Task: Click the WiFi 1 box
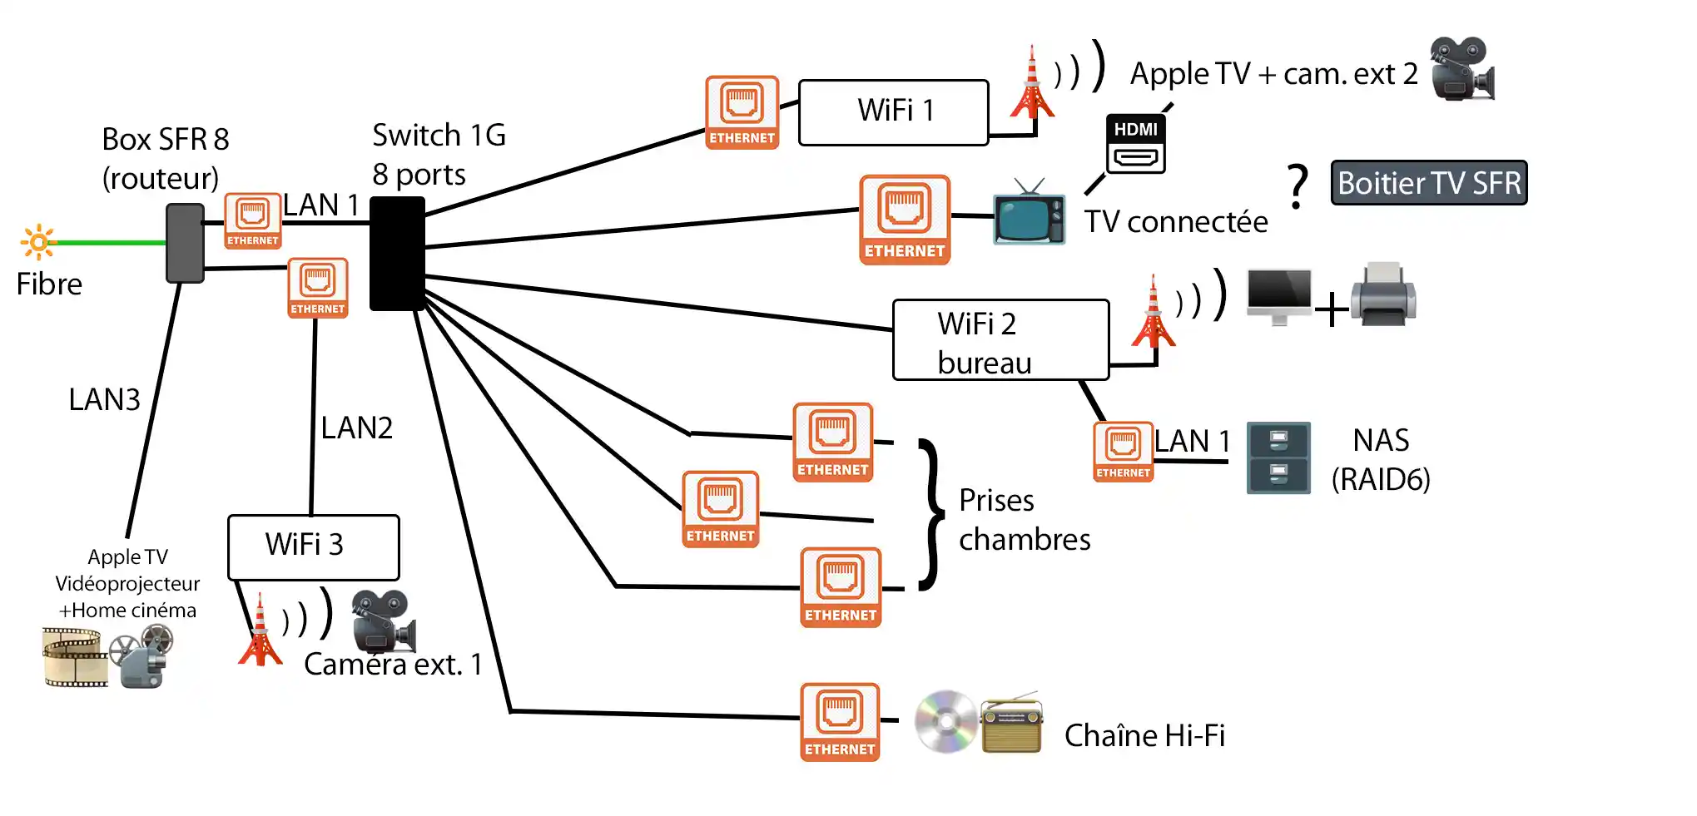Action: point(893,112)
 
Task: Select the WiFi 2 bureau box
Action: point(1000,340)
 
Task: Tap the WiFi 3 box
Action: point(313,546)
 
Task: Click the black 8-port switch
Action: point(397,254)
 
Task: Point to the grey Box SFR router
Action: point(185,243)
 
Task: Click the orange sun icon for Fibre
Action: point(38,242)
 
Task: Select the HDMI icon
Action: point(1135,144)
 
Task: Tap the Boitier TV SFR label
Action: point(1429,183)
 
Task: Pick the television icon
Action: point(1030,214)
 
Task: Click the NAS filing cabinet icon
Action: point(1278,458)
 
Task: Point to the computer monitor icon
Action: point(1279,296)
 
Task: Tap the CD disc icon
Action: point(946,721)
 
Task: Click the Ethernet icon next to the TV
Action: point(905,220)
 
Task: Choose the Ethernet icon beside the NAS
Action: point(1123,452)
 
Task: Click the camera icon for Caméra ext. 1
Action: point(382,621)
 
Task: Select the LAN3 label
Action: point(104,400)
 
